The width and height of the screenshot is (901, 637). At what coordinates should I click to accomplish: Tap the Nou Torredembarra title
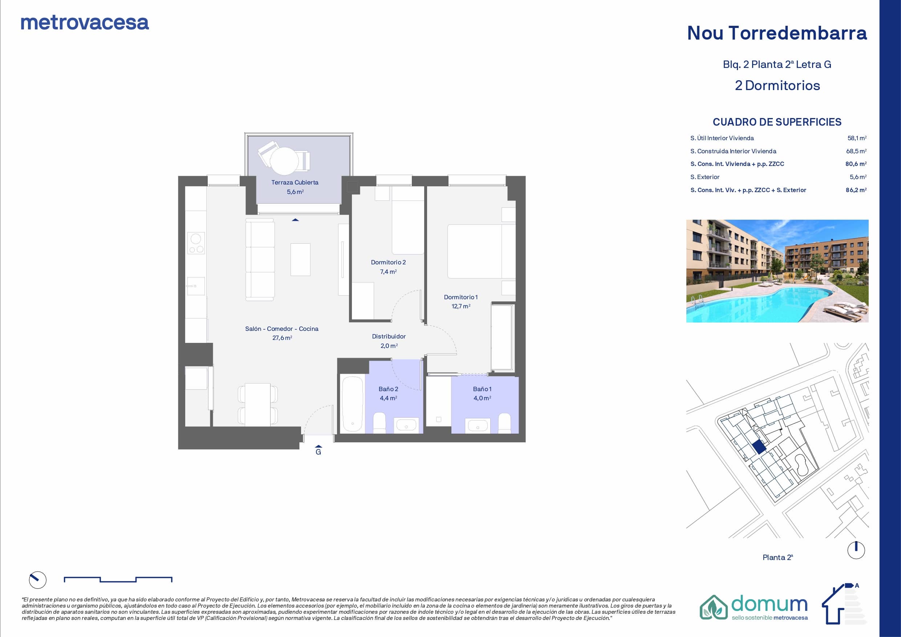pos(777,33)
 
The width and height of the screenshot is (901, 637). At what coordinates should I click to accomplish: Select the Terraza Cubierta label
pos(295,183)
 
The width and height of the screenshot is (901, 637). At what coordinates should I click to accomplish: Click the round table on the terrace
pos(284,161)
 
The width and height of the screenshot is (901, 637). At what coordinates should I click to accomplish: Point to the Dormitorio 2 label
pos(388,262)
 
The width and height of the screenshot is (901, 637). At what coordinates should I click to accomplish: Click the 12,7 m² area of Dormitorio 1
pos(461,306)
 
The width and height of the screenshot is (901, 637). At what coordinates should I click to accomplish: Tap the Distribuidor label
pos(389,336)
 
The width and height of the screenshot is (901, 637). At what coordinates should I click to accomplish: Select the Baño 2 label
pos(388,389)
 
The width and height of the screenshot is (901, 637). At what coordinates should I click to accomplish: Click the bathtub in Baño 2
pos(352,404)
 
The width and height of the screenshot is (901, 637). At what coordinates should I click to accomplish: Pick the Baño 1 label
pos(482,389)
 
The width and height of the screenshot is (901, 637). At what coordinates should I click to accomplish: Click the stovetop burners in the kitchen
pos(196,243)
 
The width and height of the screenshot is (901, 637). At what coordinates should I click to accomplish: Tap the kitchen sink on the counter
pos(195,286)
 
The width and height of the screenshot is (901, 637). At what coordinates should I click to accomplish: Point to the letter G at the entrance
pos(318,452)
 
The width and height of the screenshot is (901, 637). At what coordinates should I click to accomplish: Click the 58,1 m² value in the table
pos(857,138)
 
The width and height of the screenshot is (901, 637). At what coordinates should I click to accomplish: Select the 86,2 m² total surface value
pos(856,190)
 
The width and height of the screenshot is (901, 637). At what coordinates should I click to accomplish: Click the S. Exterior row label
pos(705,177)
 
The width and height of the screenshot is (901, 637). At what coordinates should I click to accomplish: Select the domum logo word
pos(769,604)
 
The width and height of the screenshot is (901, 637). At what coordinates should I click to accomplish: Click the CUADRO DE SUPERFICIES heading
pos(777,122)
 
